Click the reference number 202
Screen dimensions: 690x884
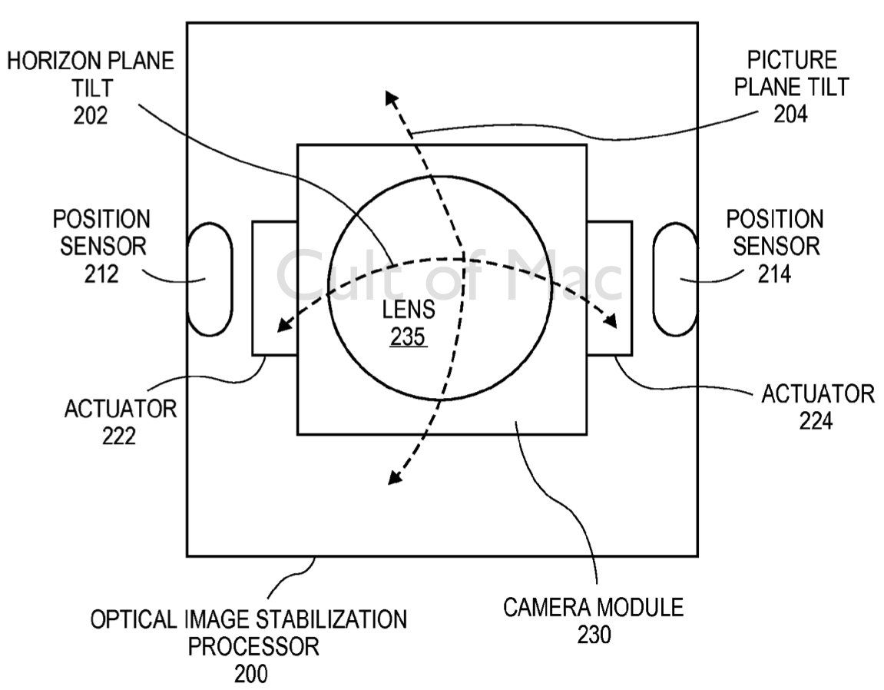click(91, 114)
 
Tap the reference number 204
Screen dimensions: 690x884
click(791, 114)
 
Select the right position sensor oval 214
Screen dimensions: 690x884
click(674, 279)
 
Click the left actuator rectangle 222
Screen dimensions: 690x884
click(274, 289)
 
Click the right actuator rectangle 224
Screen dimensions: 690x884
click(610, 289)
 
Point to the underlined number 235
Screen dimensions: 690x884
click(408, 337)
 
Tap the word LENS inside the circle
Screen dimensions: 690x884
click(408, 311)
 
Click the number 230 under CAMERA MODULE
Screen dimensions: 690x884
click(592, 635)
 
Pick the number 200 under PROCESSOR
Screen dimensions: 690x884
click(251, 674)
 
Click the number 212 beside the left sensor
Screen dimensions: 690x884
click(101, 272)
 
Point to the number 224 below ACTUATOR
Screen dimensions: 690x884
click(816, 421)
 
